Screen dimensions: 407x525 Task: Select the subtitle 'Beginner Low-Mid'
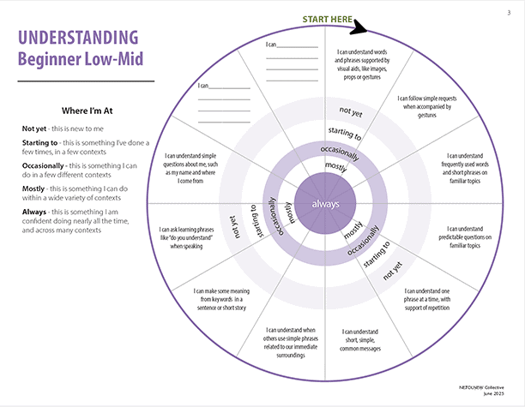click(79, 59)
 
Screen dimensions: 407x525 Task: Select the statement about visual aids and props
click(359, 66)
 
